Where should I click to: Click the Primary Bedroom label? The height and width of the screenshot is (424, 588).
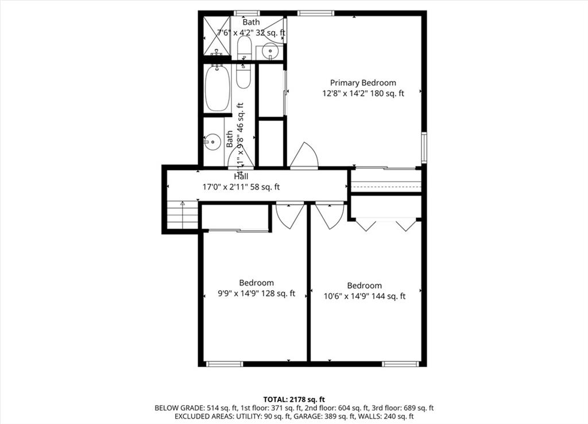coord(363,83)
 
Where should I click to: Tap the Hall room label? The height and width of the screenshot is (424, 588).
coord(241,176)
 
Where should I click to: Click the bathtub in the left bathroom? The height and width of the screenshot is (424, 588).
coord(218,88)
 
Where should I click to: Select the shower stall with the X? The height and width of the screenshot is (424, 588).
coord(216,36)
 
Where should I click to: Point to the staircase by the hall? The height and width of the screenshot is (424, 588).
coord(182,215)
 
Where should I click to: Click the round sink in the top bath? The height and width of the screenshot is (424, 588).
coord(270,51)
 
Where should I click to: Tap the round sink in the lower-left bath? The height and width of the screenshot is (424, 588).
coord(212,142)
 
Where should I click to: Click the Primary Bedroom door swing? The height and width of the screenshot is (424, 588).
coord(304,155)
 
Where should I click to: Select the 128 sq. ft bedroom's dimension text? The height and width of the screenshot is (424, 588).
coord(257,294)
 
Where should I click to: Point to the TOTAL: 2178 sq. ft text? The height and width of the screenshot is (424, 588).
coord(293,399)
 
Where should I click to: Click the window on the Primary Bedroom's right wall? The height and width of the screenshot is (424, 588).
coord(424,148)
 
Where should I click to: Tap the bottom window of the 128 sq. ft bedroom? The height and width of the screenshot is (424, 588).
coord(225,364)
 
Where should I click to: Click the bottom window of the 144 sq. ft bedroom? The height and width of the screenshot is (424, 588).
coord(400,364)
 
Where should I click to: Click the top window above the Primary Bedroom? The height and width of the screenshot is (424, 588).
coord(316,13)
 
